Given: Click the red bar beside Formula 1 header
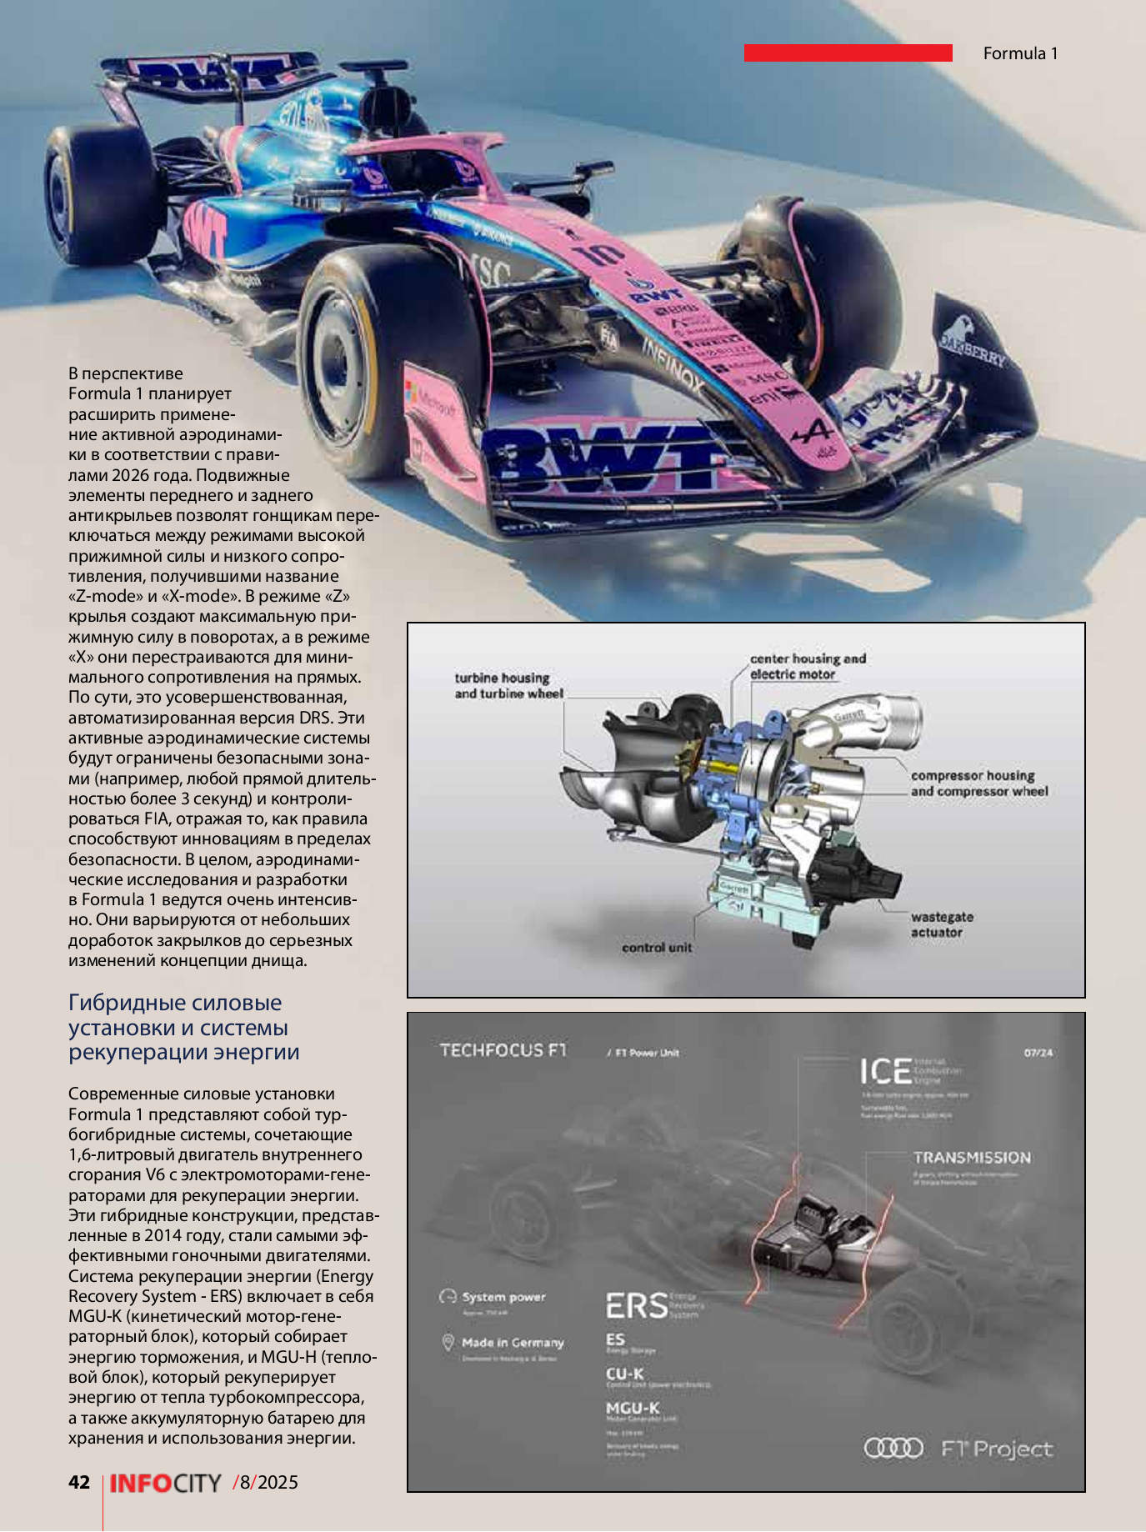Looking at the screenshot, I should [848, 53].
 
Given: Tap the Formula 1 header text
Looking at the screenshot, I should [1020, 53].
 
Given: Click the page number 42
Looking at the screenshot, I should [79, 1481].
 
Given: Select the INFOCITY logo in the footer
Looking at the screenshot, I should [165, 1483].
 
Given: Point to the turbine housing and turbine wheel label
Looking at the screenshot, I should [508, 685].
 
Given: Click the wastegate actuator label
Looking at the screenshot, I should [941, 924].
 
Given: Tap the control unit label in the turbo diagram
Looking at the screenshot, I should [656, 947].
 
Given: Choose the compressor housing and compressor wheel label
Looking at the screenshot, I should [978, 783].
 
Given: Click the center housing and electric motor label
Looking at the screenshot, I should [807, 666].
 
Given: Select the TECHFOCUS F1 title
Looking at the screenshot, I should [503, 1050].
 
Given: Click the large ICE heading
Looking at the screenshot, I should [885, 1072].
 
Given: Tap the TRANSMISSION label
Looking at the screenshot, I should [971, 1157].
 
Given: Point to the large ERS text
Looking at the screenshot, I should [636, 1305].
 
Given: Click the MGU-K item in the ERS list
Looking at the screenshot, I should [633, 1407].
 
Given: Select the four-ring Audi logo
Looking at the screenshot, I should [893, 1448].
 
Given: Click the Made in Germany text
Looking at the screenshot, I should [512, 1342].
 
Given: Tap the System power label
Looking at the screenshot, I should [503, 1296].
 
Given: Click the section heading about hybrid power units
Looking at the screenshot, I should [183, 1027].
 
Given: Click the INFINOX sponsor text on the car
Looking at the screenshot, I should [672, 364].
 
